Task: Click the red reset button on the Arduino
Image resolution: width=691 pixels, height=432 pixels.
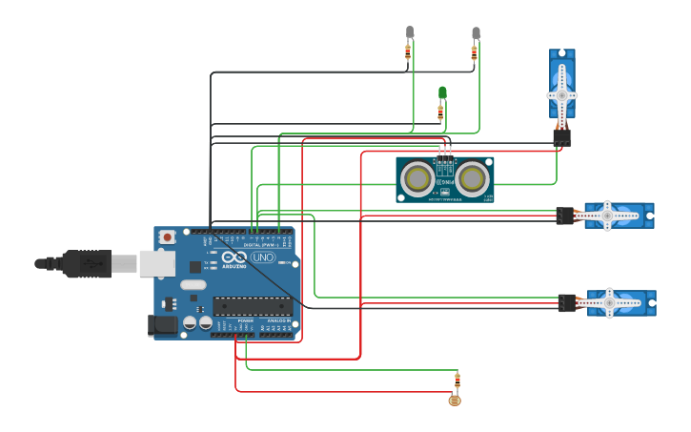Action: tap(167, 237)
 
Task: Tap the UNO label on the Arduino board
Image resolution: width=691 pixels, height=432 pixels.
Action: tap(262, 257)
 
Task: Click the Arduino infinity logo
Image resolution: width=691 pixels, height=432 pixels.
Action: tap(234, 257)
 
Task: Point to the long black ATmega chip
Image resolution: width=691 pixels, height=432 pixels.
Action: tap(252, 306)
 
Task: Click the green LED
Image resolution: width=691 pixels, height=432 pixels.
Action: tap(442, 93)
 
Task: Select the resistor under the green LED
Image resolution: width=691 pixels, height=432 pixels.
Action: tap(440, 113)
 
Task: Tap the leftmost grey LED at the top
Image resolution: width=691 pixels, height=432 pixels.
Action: tap(410, 31)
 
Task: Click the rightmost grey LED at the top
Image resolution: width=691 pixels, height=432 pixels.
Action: tap(476, 32)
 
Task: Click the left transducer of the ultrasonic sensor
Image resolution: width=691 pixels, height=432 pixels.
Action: tap(417, 178)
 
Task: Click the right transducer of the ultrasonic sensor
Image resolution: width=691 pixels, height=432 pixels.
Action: tap(473, 178)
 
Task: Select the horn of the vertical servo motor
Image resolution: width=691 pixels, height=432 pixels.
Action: tap(561, 95)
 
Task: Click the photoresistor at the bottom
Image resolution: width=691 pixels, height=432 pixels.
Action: tap(454, 401)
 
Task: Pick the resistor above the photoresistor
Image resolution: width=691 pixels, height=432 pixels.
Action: tap(457, 381)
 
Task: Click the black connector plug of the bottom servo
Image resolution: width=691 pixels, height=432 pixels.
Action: tap(567, 303)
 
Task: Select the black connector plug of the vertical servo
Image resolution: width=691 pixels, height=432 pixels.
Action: tap(561, 137)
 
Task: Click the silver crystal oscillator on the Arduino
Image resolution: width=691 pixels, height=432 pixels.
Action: tap(193, 284)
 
